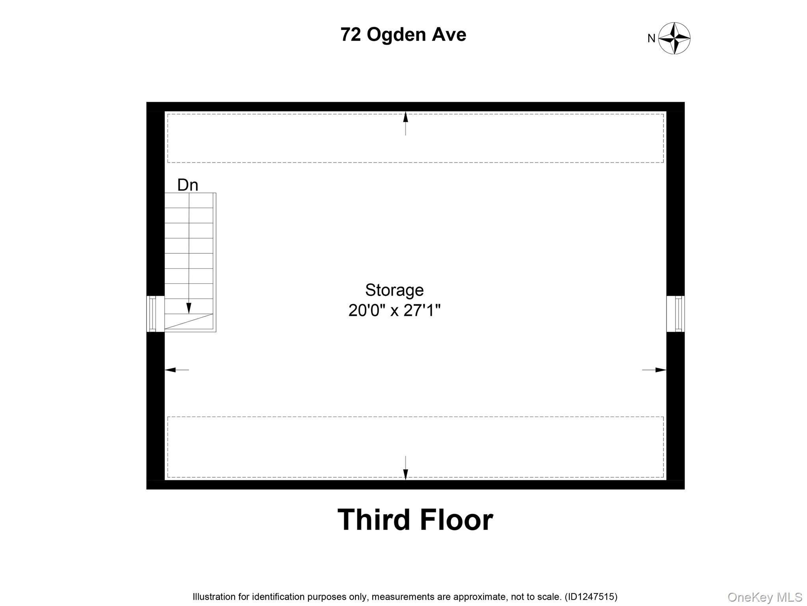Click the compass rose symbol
pos(674,38)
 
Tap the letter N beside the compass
pos(651,39)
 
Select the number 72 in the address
pos(350,34)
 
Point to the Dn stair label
pos(188,185)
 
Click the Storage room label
pos(394,290)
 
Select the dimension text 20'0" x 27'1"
pos(394,310)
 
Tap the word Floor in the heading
pos(456,520)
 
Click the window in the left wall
pos(152,314)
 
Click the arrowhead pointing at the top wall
pos(405,117)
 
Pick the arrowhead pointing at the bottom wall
pos(405,475)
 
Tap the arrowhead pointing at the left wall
pos(170,370)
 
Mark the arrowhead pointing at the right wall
pos(660,370)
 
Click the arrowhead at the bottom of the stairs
pos(189,308)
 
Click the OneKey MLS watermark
pos(764,597)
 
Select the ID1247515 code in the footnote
pos(591,597)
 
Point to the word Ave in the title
pos(449,35)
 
